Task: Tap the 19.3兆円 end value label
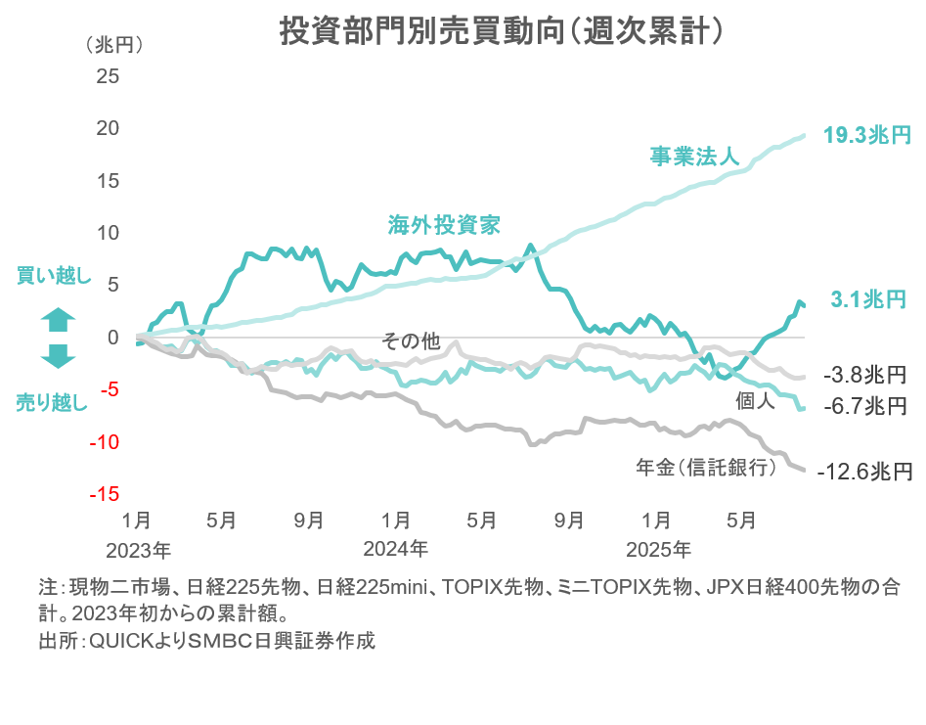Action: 866,135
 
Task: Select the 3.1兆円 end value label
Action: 869,299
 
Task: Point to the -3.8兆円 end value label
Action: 865,374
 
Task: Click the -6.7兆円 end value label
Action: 865,405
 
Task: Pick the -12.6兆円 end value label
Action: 865,472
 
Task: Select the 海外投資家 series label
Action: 444,226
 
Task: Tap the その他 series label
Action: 411,340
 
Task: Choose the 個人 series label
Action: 754,400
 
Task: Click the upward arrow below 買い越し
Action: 58,319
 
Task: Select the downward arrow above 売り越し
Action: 58,356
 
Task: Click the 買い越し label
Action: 55,277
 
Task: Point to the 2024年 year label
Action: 395,547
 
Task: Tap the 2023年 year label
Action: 138,547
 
